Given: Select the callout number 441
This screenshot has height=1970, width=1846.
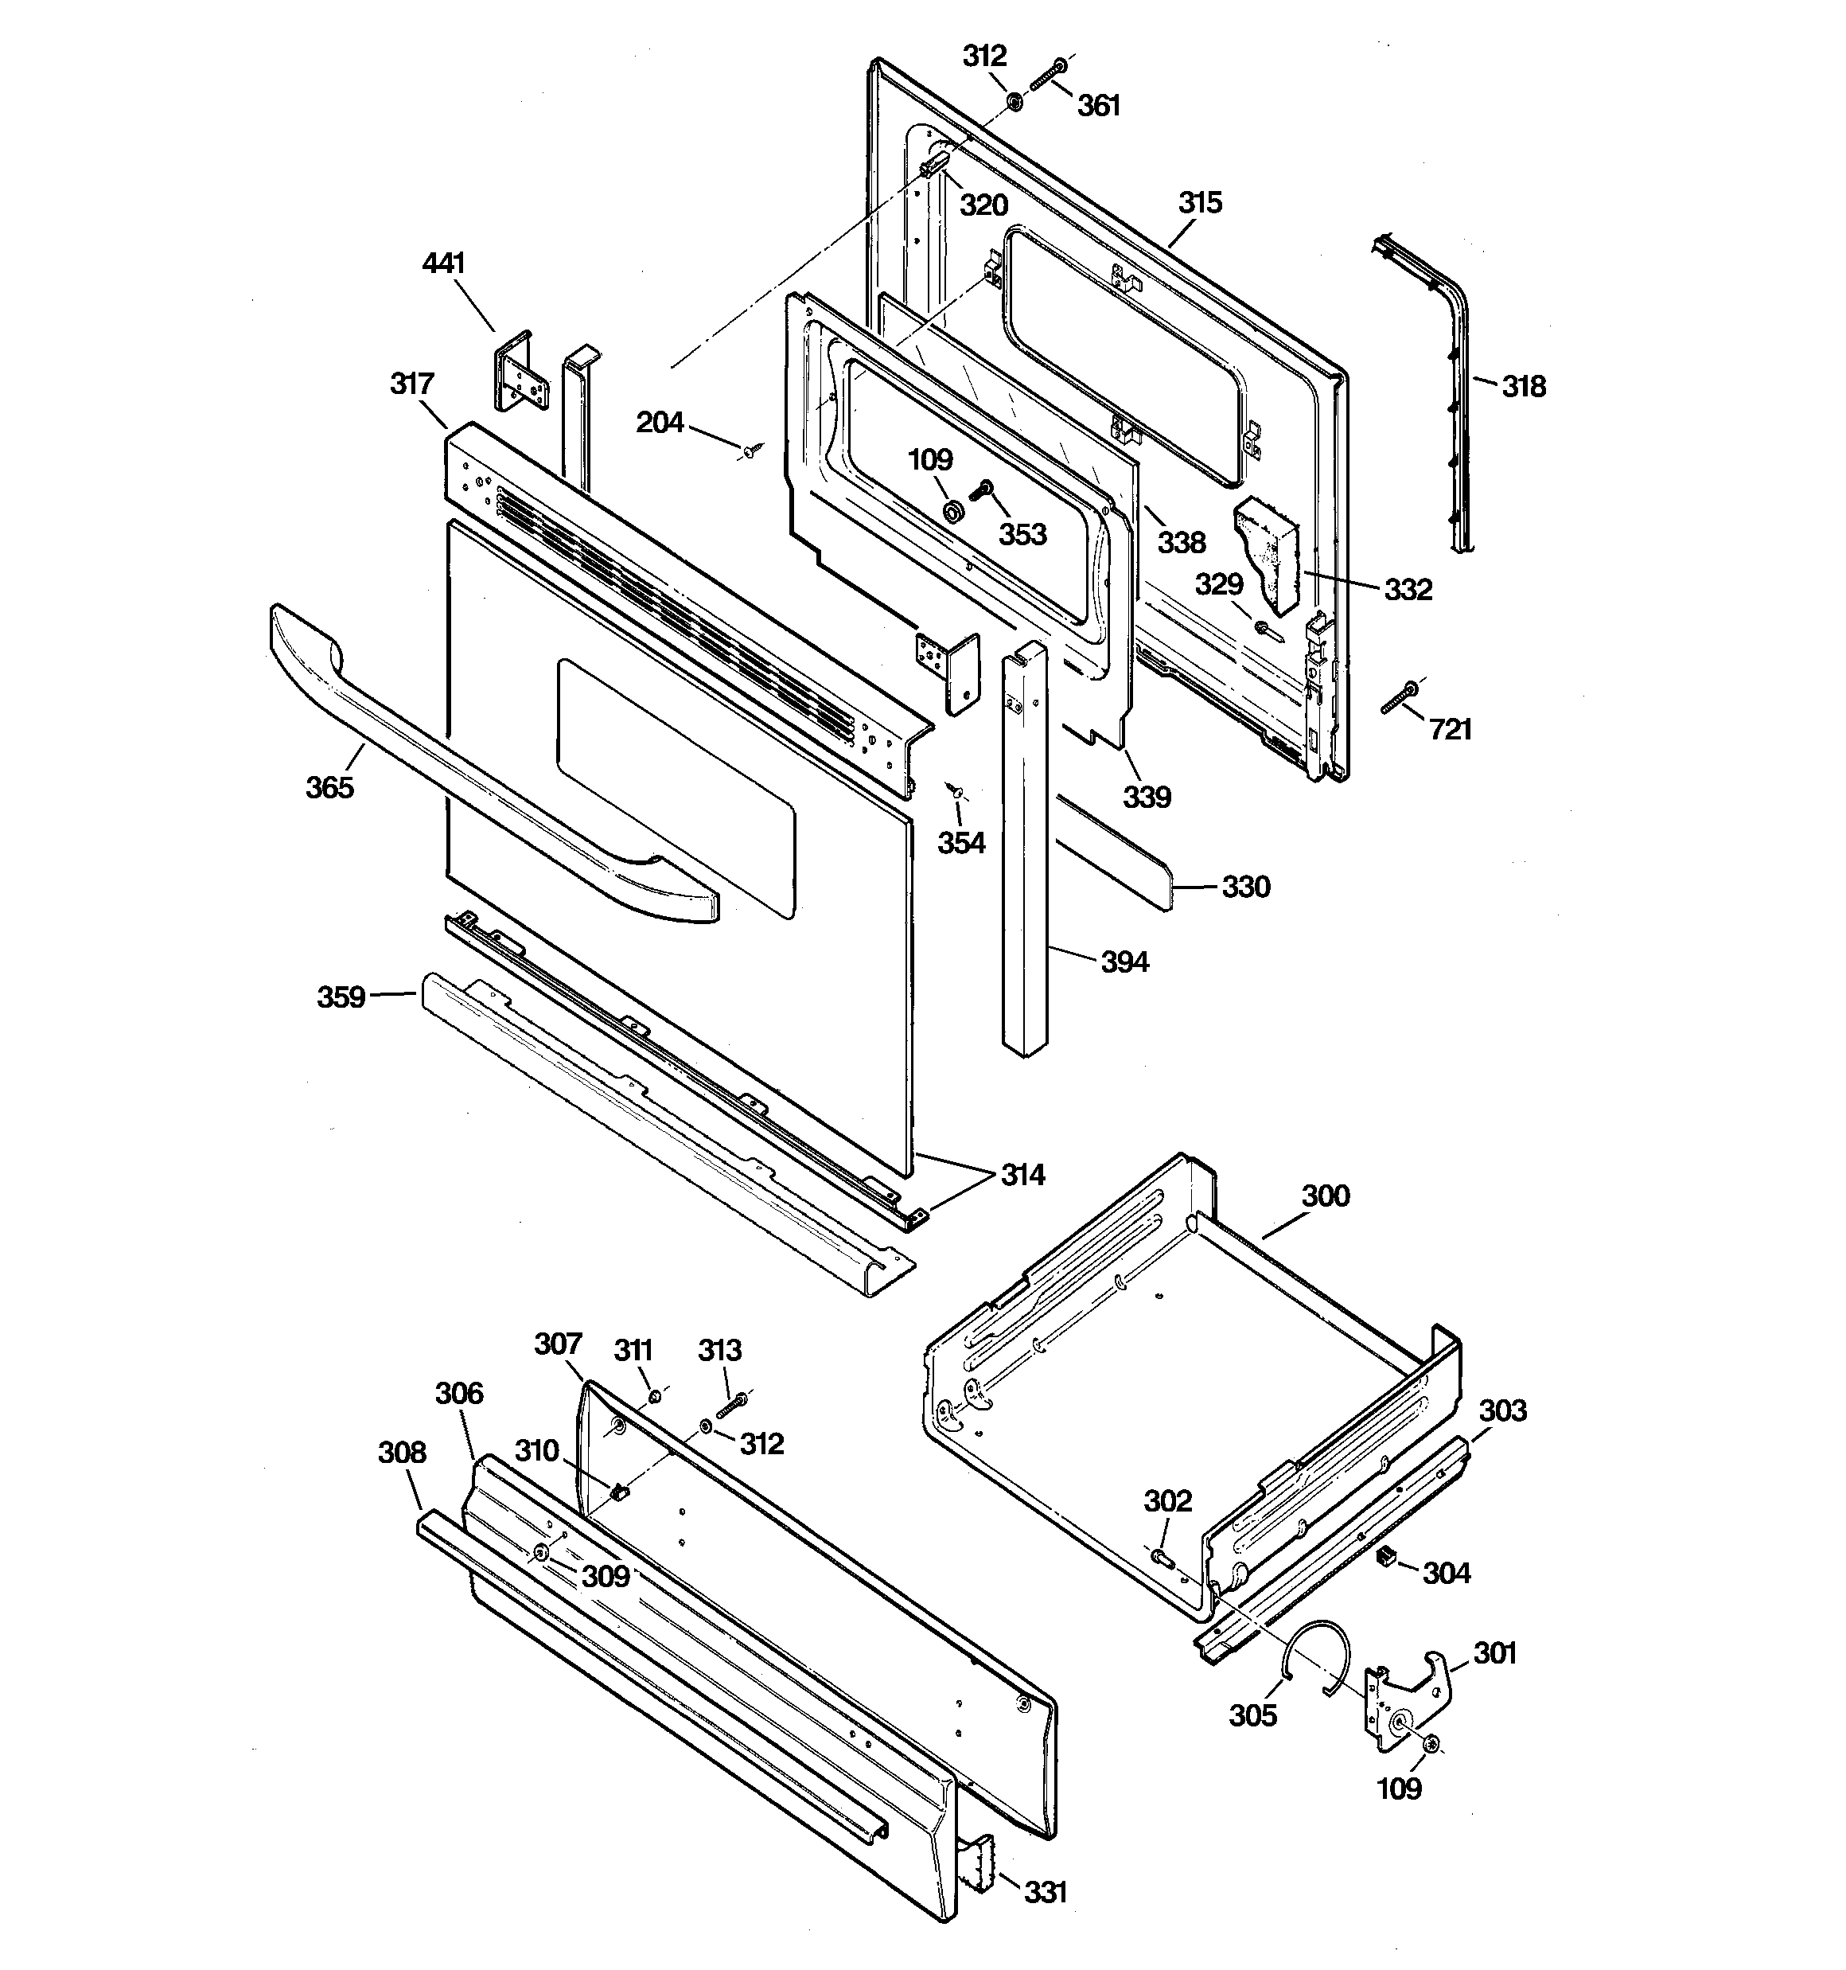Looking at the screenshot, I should (443, 263).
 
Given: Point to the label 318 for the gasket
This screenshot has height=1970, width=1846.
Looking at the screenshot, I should (1523, 387).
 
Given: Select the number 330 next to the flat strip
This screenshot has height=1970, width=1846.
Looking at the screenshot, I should (1245, 887).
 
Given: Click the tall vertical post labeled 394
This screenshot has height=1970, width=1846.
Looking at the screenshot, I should (1023, 852).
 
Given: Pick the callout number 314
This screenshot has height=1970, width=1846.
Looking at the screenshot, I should (1022, 1176).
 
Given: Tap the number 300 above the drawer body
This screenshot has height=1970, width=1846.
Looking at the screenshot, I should (1325, 1196).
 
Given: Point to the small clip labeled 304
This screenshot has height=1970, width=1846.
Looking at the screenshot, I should (1386, 1558).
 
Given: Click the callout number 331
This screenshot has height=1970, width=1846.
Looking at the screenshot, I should (1046, 1893).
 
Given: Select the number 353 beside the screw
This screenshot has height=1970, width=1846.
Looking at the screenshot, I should (1022, 535).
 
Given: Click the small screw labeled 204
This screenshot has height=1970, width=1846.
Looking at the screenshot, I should (750, 452).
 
